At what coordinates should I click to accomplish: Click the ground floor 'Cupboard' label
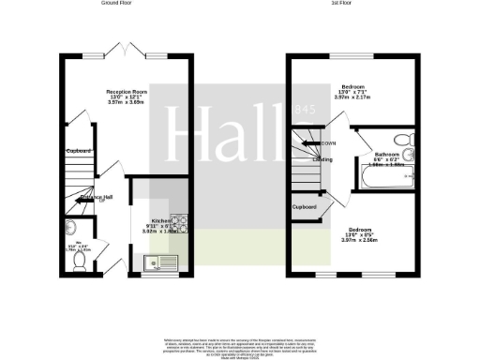click(79, 151)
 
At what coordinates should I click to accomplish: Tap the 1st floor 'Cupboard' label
click(304, 205)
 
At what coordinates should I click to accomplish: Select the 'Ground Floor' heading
click(121, 4)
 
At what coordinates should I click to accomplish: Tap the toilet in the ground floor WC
click(80, 262)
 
